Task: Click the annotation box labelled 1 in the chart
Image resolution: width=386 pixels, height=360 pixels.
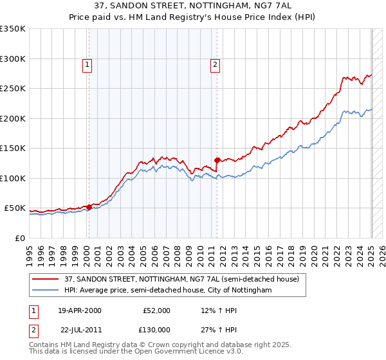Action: point(87,64)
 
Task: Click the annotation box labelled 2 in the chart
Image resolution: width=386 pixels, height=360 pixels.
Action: point(215,64)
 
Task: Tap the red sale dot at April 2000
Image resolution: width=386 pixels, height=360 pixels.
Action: point(89,207)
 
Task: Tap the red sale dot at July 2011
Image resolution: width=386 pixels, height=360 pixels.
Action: point(217,160)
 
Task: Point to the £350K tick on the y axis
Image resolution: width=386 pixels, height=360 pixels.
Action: point(13,29)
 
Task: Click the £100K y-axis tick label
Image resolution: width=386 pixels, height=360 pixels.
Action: point(13,178)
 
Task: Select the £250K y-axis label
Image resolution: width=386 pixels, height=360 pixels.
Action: point(13,89)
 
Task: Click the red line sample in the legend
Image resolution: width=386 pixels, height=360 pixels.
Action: point(46,280)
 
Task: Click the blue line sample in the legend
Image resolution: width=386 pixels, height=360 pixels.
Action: point(46,291)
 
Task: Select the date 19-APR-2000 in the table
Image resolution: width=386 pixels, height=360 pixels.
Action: point(80,310)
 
